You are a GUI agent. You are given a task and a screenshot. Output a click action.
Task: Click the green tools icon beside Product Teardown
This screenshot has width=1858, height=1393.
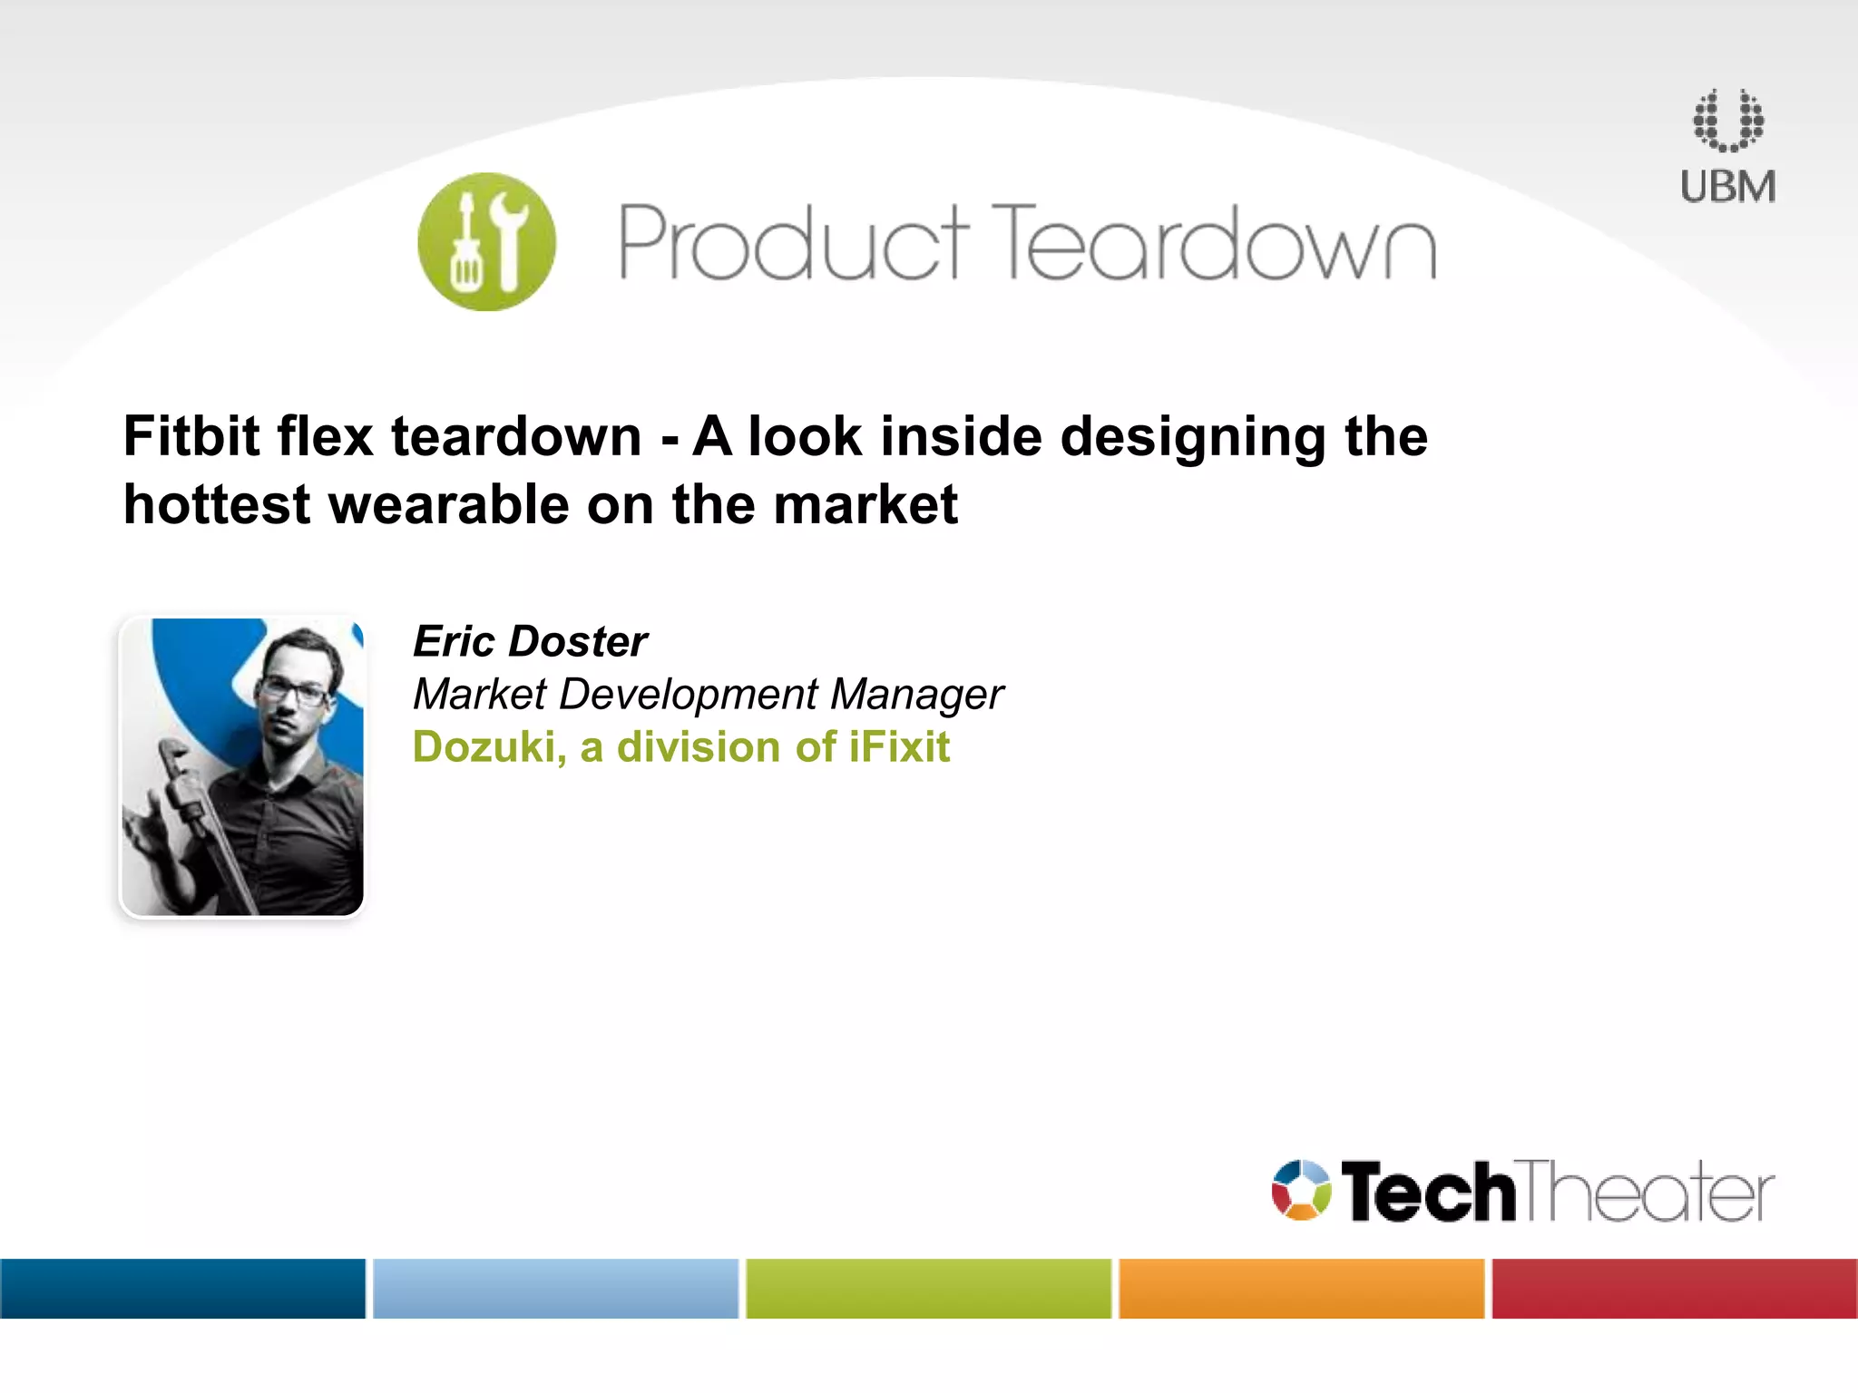486,242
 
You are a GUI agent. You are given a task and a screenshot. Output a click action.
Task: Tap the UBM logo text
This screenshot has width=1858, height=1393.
1727,187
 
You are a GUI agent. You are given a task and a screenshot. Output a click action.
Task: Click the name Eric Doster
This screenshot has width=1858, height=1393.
530,642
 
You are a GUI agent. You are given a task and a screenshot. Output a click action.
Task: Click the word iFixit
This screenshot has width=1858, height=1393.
899,747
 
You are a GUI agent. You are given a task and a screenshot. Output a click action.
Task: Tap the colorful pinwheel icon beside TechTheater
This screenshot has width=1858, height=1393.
1301,1190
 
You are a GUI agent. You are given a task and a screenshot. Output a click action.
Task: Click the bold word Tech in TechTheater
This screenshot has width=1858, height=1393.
1427,1192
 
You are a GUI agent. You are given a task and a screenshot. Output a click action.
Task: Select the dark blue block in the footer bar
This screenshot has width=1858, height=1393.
182,1288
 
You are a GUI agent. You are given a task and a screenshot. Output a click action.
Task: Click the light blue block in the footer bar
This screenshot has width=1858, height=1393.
555,1288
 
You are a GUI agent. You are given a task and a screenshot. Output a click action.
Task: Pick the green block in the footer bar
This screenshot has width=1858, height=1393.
928,1288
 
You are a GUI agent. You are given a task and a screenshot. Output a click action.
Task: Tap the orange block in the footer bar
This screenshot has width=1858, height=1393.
1301,1288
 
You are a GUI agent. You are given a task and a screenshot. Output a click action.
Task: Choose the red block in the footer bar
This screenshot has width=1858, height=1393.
1675,1288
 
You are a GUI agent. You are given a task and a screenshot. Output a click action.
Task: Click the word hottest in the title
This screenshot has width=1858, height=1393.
217,505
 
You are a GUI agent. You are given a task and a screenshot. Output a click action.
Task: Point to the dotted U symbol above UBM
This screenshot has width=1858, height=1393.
1728,121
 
